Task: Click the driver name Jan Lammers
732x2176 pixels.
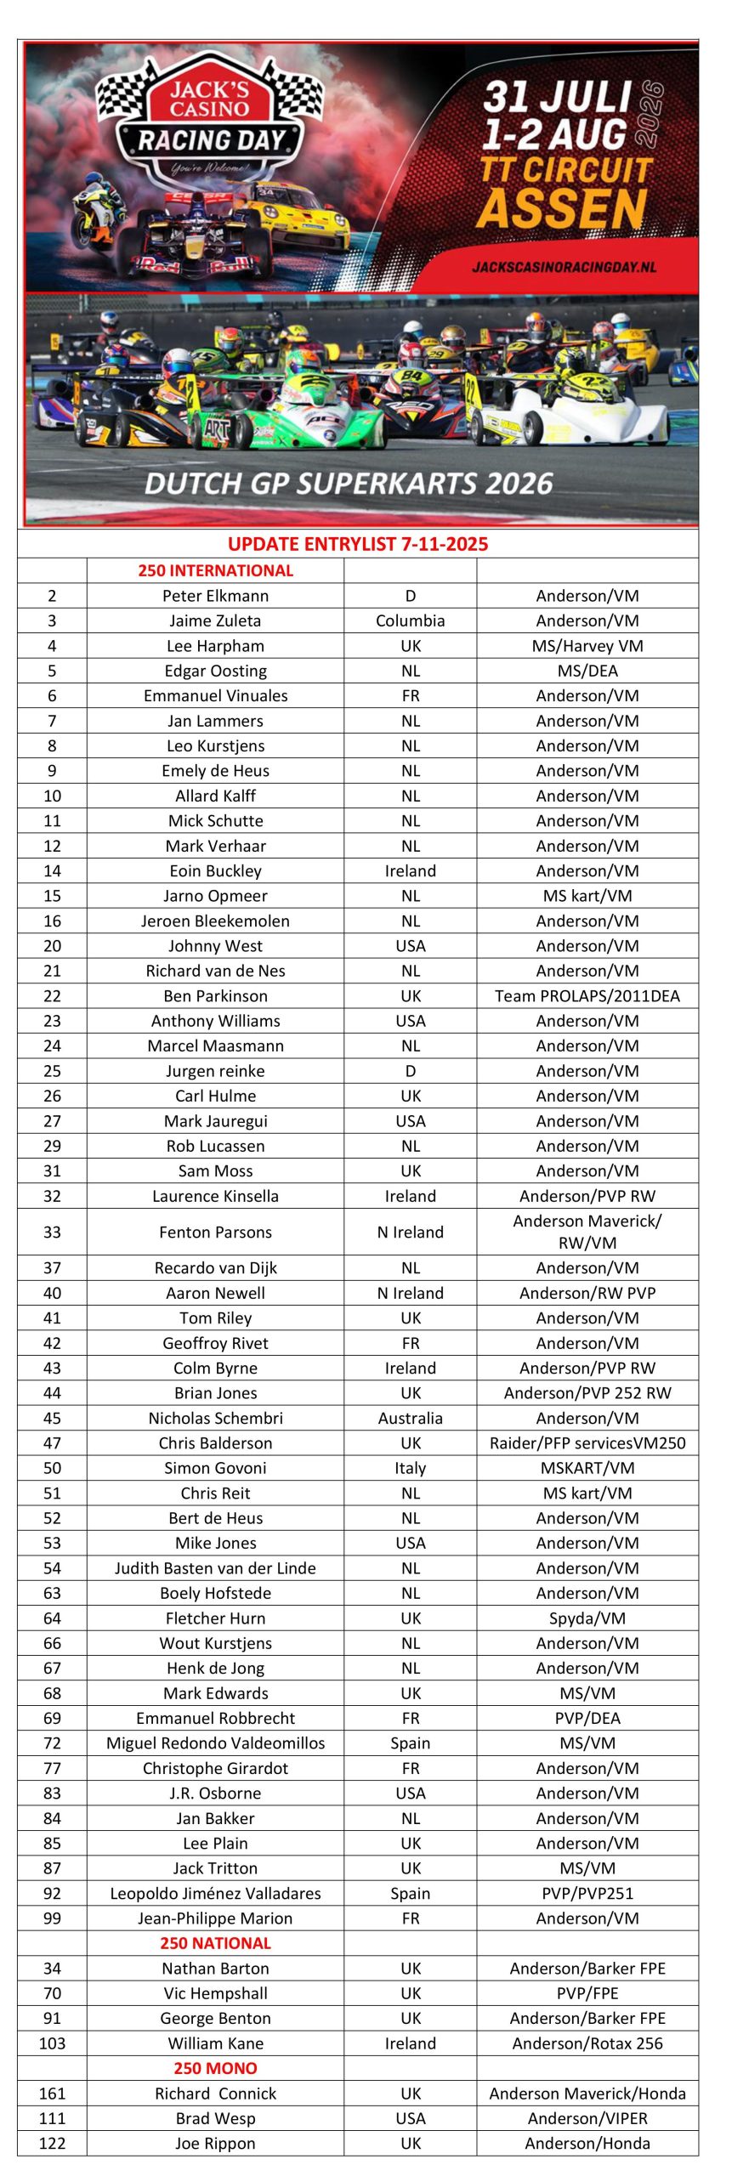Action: click(x=215, y=721)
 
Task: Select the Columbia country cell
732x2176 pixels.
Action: click(x=410, y=620)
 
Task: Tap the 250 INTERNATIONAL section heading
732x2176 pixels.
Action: click(x=215, y=570)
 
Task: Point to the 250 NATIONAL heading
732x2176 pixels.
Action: click(x=215, y=1943)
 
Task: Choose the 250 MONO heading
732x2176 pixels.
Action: click(x=215, y=2068)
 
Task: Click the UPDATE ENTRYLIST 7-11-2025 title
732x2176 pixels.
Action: click(x=358, y=544)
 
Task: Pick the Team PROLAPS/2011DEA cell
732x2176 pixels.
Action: click(x=587, y=995)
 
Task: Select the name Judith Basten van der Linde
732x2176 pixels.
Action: click(x=215, y=1568)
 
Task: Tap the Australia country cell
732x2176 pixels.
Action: click(x=410, y=1418)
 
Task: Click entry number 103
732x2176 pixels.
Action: click(x=52, y=2043)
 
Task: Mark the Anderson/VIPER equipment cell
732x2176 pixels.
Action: click(x=587, y=2118)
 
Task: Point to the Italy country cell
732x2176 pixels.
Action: click(x=410, y=1468)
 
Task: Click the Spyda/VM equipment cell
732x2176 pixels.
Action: click(x=587, y=1618)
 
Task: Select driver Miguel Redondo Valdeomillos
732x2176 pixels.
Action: click(x=215, y=1743)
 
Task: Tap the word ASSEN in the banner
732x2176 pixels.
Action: click(x=562, y=209)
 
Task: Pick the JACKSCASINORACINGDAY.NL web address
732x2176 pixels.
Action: click(x=565, y=267)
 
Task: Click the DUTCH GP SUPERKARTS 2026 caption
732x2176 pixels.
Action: click(x=349, y=484)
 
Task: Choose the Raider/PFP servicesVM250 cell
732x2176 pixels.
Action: click(x=587, y=1442)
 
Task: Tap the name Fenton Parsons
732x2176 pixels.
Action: click(x=215, y=1232)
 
